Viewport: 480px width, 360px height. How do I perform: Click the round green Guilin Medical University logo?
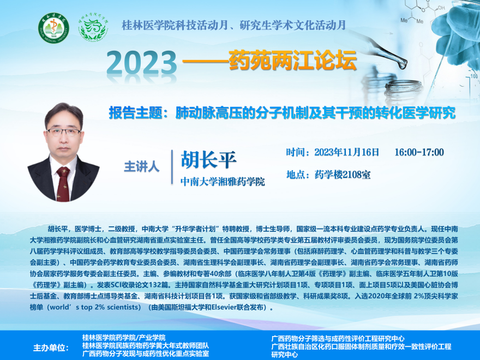click(x=53, y=28)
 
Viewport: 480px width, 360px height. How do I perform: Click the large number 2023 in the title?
click(x=142, y=62)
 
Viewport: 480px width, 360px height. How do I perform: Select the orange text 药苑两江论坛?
click(x=292, y=60)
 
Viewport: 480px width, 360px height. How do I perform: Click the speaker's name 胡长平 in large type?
click(x=208, y=160)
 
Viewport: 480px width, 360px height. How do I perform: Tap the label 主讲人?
click(x=142, y=167)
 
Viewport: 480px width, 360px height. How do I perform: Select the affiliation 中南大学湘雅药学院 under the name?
click(x=223, y=182)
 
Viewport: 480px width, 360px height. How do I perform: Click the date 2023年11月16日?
click(x=347, y=152)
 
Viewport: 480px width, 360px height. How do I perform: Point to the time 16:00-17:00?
click(x=419, y=152)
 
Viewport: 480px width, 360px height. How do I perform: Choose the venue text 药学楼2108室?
click(x=343, y=175)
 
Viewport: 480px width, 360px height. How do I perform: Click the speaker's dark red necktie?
click(x=63, y=184)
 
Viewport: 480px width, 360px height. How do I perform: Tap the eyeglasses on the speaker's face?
click(x=64, y=132)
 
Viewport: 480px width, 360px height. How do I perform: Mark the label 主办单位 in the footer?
click(x=51, y=348)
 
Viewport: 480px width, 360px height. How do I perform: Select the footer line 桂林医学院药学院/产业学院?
click(x=124, y=338)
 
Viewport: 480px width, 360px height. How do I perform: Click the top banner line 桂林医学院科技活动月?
click(x=175, y=25)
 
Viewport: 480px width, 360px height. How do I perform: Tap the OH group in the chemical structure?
click(x=441, y=8)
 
